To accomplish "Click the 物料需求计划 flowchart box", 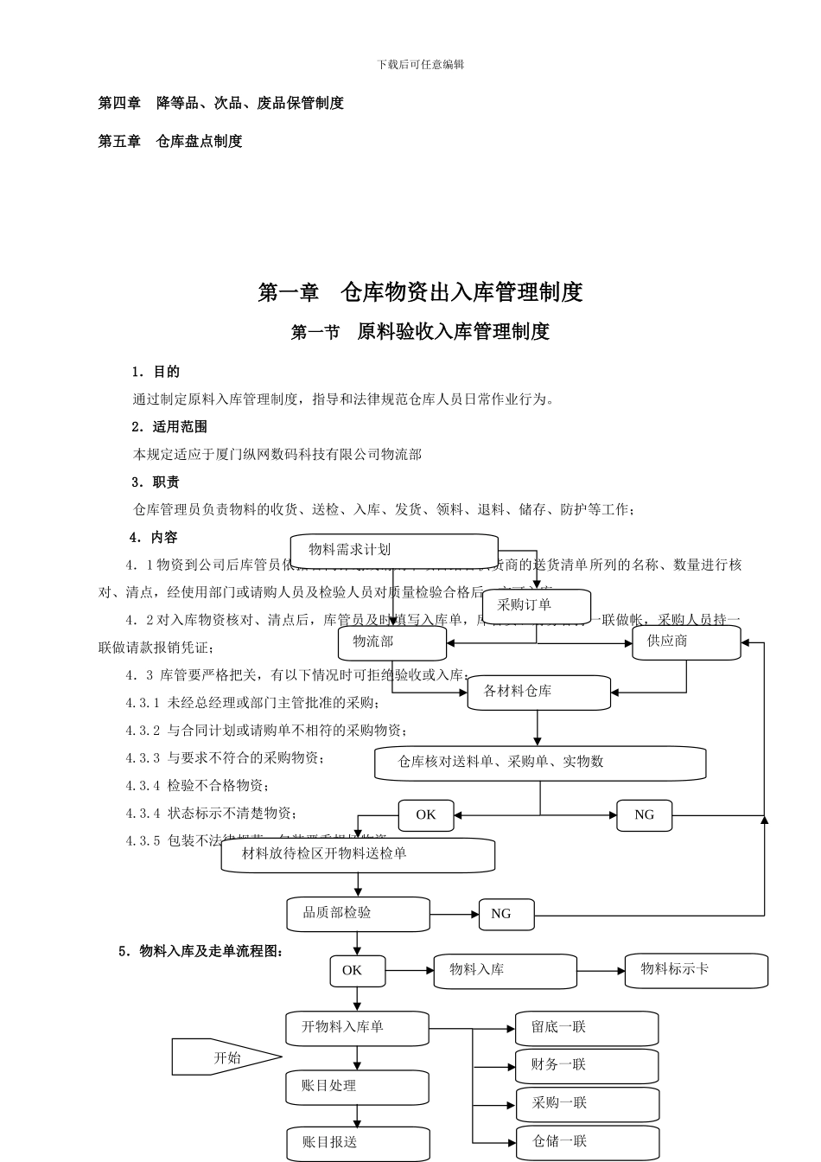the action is point(393,551).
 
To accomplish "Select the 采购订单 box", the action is point(536,606).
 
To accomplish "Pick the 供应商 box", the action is point(685,642).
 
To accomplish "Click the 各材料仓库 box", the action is point(538,693).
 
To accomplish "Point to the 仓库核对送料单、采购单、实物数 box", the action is point(539,763).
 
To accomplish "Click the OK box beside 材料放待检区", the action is point(426,815).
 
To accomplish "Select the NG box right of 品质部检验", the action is point(506,914).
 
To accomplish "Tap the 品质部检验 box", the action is point(358,914).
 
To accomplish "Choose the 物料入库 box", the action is point(505,971).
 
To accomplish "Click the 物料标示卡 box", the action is point(696,970).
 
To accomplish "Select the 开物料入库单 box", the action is point(357,1028).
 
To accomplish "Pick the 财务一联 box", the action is point(587,1066).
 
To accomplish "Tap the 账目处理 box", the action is point(357,1087).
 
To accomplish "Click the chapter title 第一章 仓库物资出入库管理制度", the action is point(420,292).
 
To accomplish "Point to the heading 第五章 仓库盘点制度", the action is point(170,141).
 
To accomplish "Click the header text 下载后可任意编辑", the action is point(421,65).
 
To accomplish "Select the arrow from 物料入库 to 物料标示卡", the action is point(600,971).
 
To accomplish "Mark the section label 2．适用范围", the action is point(169,426).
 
